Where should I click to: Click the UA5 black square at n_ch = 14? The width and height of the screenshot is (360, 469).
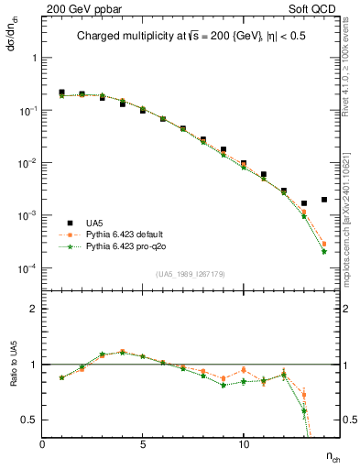click(x=324, y=200)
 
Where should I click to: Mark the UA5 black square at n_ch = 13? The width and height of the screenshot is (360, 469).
click(x=304, y=203)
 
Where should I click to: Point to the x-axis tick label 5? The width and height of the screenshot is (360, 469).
click(x=143, y=444)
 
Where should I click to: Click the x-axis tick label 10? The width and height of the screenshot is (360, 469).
click(x=244, y=444)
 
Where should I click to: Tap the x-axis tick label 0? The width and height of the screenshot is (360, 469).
click(x=43, y=444)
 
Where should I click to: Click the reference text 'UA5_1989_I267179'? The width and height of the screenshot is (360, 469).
click(x=181, y=274)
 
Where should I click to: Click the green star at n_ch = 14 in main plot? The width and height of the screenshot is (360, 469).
click(x=324, y=252)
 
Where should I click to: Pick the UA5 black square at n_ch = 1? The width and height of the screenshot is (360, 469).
click(x=61, y=93)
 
